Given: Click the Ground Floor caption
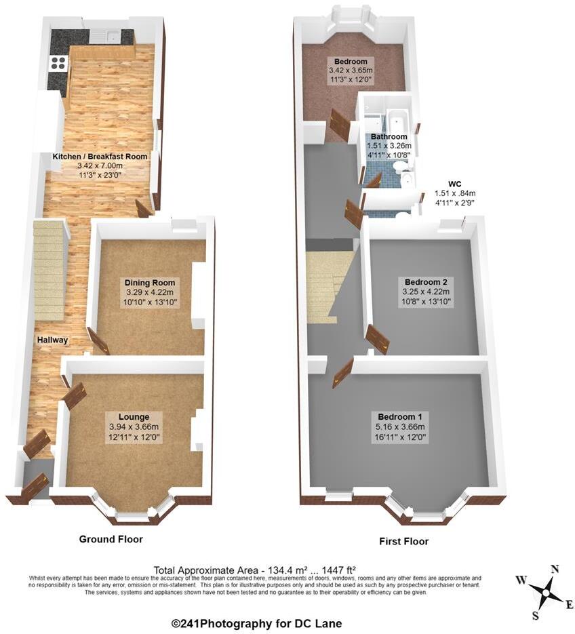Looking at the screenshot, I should [111, 539].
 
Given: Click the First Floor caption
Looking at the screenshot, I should [404, 542].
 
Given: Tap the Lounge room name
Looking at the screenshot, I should [134, 416].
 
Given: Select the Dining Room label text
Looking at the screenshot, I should [150, 283].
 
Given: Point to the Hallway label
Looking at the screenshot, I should [52, 340].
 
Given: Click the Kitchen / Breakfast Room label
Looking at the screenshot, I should [100, 157].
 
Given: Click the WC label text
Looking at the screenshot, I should [455, 183].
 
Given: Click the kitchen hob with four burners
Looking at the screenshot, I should [58, 64].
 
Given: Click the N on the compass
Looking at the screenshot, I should [554, 570].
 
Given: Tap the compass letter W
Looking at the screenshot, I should [521, 580].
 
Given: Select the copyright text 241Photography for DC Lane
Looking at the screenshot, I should [256, 623].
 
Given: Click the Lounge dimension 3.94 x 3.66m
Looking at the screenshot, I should [134, 427].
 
